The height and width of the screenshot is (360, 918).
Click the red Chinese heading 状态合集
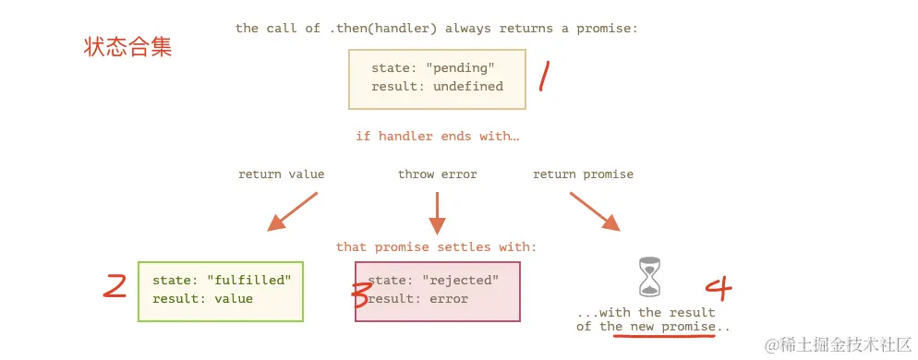click(127, 47)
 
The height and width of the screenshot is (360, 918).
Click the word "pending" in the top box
click(460, 68)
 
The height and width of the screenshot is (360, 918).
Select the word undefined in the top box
click(468, 86)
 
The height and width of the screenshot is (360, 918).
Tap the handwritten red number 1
click(545, 76)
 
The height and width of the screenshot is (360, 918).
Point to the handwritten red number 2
click(115, 286)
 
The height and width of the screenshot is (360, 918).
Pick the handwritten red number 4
click(719, 287)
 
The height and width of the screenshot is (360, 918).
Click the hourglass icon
click(648, 276)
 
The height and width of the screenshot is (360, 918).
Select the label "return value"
click(281, 174)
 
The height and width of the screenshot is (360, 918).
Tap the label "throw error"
click(438, 174)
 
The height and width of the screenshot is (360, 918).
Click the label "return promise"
click(583, 174)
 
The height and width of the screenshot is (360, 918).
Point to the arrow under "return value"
click(292, 212)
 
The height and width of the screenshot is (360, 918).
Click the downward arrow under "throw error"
click(438, 213)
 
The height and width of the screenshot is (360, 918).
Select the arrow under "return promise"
click(595, 212)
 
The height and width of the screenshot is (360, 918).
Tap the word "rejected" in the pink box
click(460, 280)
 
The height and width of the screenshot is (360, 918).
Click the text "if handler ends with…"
click(438, 137)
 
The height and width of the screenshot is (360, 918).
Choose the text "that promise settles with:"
click(436, 246)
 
